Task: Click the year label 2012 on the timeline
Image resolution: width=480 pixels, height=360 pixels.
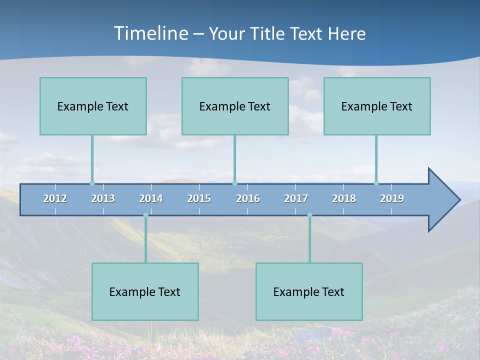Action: (55, 198)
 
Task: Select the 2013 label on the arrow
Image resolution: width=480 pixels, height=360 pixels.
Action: (103, 198)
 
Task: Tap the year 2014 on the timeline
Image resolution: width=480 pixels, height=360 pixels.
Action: (151, 198)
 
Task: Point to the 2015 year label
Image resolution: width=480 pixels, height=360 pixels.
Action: (199, 198)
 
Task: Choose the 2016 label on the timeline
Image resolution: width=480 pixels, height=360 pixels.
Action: (248, 198)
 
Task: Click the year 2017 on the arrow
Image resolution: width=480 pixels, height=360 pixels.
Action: (296, 198)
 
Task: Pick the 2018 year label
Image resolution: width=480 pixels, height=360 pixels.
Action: (344, 198)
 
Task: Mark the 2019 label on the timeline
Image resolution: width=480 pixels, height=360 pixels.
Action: (392, 198)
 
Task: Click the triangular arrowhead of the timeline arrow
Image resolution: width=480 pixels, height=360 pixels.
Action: (443, 200)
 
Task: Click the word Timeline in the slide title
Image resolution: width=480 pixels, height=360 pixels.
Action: (150, 33)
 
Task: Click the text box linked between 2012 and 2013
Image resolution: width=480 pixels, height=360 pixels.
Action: (93, 106)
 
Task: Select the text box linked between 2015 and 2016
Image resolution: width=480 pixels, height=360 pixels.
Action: (235, 106)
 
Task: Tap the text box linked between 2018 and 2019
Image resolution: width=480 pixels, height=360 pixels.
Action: (377, 106)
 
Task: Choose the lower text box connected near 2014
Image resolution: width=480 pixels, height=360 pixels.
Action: (145, 291)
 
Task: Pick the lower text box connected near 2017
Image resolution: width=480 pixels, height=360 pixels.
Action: (309, 291)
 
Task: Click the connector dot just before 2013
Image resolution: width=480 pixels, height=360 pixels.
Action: (92, 183)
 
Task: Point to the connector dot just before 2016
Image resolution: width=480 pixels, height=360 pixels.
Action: (235, 183)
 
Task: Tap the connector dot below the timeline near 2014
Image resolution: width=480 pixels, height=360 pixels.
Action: (145, 215)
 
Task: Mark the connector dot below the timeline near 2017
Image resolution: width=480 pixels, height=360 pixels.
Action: (309, 215)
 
